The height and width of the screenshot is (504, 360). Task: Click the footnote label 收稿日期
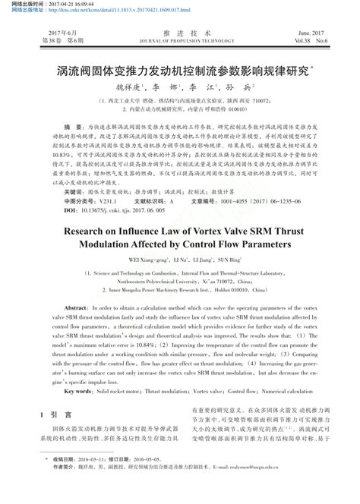(56, 480)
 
